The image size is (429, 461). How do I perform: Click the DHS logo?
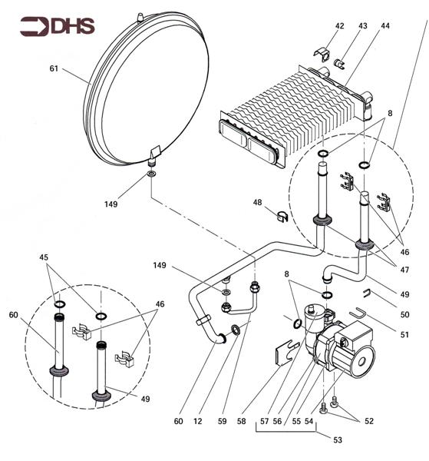click(x=58, y=26)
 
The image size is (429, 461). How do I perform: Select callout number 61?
click(x=54, y=68)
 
